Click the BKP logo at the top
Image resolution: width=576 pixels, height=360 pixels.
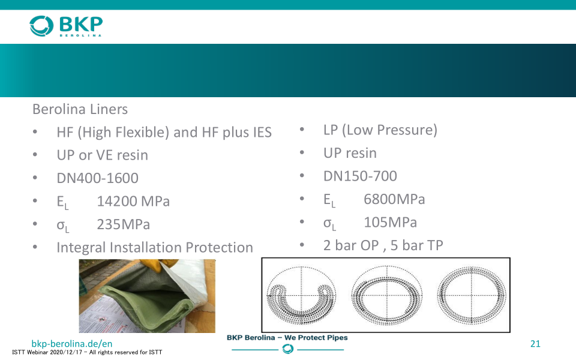coord(66,26)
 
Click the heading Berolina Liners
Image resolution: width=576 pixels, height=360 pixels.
coord(80,109)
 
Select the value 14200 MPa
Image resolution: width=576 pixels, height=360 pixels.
coord(133,202)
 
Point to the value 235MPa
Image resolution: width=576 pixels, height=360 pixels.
coord(124,224)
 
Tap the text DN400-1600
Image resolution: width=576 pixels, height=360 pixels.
coord(97,178)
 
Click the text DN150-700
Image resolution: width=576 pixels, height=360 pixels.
coord(360,176)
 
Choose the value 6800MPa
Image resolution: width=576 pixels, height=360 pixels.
coord(394,199)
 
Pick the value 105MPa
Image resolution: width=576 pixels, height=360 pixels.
coord(390,222)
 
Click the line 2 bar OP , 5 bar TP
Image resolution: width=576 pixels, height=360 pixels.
coord(383,245)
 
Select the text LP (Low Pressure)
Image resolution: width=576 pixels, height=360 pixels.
coord(380,130)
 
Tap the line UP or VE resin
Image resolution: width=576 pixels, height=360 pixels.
coord(102,155)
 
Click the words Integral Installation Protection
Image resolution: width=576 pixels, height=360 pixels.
coord(155,248)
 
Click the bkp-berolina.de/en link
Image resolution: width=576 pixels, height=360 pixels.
coord(72,343)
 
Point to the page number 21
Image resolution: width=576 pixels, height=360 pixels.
coord(535,343)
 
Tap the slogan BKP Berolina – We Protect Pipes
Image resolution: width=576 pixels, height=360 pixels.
coord(287,338)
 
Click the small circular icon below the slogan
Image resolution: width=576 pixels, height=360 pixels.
coord(287,349)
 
